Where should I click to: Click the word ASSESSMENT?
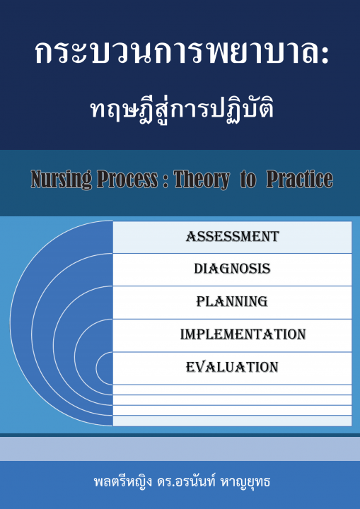[x=232, y=237]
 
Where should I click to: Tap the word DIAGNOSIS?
[x=232, y=269]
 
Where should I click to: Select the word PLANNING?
[x=232, y=302]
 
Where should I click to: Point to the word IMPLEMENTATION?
[x=243, y=334]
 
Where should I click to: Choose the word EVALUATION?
[x=232, y=367]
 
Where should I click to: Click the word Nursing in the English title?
[x=62, y=180]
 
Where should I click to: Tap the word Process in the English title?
[x=127, y=179]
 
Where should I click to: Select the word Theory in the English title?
[x=202, y=180]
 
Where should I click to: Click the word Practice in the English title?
[x=300, y=179]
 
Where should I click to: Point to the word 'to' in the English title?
[x=248, y=180]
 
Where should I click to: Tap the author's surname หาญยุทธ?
[x=245, y=481]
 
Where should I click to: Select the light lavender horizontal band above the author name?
[x=180, y=449]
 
